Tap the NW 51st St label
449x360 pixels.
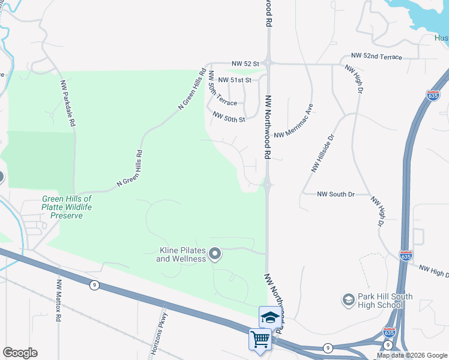tap(234, 79)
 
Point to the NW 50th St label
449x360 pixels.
tap(229, 119)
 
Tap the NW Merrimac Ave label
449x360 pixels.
tap(294, 123)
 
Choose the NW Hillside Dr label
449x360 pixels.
tap(322, 154)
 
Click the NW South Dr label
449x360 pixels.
tap(336, 194)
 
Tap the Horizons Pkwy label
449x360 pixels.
tap(158, 334)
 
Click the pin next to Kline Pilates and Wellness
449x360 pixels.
tap(215, 254)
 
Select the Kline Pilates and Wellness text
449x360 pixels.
tap(181, 254)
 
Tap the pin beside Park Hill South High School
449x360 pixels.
tap(348, 298)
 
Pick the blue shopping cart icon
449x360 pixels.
tap(260, 340)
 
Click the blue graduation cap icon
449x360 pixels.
tap(270, 317)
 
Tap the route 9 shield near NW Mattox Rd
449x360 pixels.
tap(94, 285)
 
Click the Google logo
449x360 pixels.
tap(20, 353)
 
